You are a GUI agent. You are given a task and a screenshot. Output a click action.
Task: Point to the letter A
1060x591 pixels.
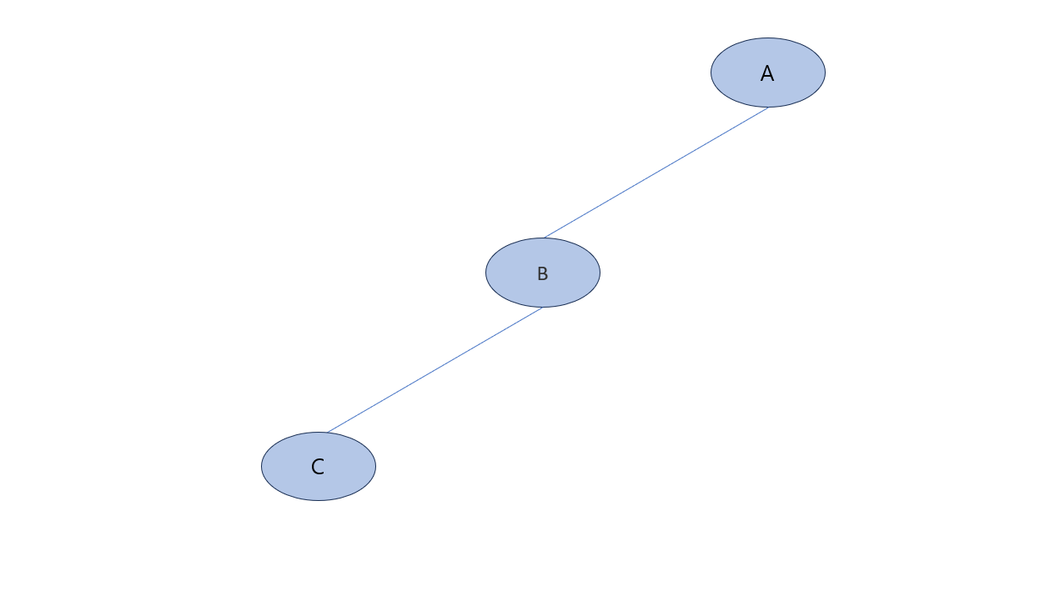pos(767,74)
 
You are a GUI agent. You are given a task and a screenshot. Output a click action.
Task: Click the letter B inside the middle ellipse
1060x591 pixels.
pos(542,273)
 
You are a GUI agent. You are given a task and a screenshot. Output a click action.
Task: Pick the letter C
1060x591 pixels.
pos(318,468)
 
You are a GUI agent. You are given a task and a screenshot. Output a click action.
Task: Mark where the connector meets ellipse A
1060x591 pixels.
pos(768,108)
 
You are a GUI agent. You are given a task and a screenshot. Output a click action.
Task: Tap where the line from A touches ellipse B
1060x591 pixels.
pos(545,238)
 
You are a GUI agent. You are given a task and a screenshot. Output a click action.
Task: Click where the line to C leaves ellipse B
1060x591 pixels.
pos(542,308)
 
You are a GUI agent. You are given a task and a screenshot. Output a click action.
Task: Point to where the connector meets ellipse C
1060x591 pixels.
pos(327,433)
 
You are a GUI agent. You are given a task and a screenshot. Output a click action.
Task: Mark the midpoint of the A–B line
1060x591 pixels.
pos(656,173)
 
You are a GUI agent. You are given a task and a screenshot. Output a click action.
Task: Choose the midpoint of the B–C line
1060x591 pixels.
pos(435,370)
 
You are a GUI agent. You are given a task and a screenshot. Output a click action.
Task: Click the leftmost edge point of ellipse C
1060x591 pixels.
pos(262,466)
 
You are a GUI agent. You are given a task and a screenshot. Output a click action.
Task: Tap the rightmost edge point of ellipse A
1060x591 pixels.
pos(825,73)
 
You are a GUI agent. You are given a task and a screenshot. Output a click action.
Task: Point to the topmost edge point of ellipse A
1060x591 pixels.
pos(768,38)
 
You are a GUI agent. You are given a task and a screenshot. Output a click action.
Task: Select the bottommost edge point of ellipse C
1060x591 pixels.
pos(319,500)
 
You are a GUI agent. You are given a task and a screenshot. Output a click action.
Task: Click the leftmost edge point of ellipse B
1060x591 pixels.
pos(486,273)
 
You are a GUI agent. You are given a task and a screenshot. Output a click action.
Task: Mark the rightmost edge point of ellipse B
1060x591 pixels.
pos(600,273)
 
